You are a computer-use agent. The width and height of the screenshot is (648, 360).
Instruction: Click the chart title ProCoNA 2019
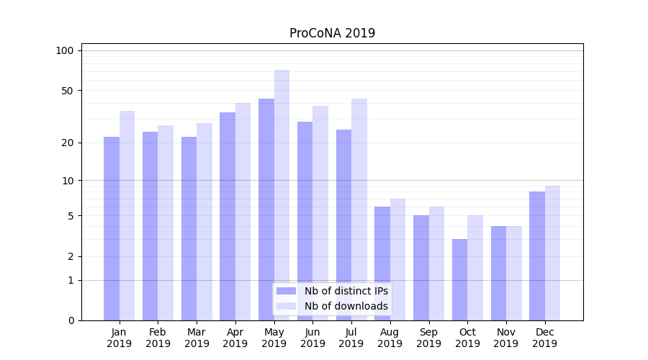pos(332,33)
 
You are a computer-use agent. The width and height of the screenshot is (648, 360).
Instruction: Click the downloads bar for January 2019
pos(127,216)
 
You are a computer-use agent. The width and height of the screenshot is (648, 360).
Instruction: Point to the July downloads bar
pos(359,209)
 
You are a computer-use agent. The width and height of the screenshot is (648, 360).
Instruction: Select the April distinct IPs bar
pos(228,216)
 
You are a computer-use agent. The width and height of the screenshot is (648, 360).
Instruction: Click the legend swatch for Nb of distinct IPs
pos(287,291)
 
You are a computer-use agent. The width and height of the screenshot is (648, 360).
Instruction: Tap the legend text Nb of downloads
pos(346,306)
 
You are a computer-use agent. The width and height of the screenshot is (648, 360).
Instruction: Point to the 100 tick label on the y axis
pos(65,50)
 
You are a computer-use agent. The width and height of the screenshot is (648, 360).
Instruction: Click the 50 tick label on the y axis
pos(67,91)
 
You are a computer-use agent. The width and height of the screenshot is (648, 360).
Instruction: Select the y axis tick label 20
pos(67,143)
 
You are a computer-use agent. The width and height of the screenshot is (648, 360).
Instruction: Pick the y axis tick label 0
pos(70,320)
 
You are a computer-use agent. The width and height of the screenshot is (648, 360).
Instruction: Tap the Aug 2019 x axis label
pos(390,338)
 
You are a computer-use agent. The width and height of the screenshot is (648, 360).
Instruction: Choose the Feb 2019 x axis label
pos(158,338)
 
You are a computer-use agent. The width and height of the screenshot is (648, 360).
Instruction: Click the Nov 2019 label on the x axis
pos(506,338)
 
